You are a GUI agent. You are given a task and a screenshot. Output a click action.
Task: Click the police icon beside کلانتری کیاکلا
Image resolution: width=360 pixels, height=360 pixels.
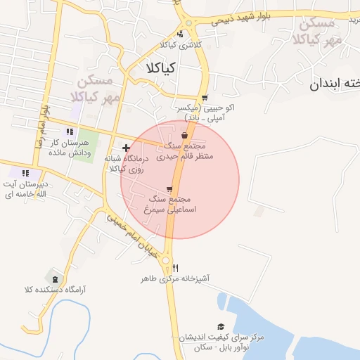(x=180, y=33)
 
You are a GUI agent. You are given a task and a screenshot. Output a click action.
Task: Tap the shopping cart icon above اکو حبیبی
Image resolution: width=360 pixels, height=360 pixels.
(x=205, y=98)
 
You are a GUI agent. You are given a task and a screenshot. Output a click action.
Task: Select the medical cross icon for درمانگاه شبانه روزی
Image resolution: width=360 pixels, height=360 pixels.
(x=126, y=148)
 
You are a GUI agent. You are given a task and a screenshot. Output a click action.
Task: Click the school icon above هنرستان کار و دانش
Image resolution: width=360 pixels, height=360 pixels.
(x=69, y=131)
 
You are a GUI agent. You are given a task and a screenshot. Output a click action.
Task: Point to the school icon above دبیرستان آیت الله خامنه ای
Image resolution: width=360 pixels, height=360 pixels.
(x=25, y=173)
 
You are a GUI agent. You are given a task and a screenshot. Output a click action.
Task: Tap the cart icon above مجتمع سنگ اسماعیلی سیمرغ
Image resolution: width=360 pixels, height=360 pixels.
(x=169, y=189)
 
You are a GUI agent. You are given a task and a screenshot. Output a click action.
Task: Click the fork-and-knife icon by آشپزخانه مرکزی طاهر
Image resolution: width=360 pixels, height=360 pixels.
(x=175, y=268)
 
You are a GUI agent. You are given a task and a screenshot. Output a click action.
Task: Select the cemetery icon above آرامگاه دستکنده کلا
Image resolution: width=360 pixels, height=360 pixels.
(x=56, y=278)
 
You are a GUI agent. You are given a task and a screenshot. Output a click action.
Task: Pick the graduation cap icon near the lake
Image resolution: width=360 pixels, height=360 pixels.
(x=221, y=327)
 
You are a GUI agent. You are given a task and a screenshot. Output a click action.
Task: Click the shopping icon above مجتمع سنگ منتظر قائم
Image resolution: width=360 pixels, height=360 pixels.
(x=184, y=135)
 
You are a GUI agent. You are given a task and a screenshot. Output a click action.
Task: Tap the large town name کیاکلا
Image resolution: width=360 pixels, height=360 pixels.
(x=161, y=69)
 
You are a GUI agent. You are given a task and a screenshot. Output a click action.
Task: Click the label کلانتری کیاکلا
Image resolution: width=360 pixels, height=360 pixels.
(x=180, y=44)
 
